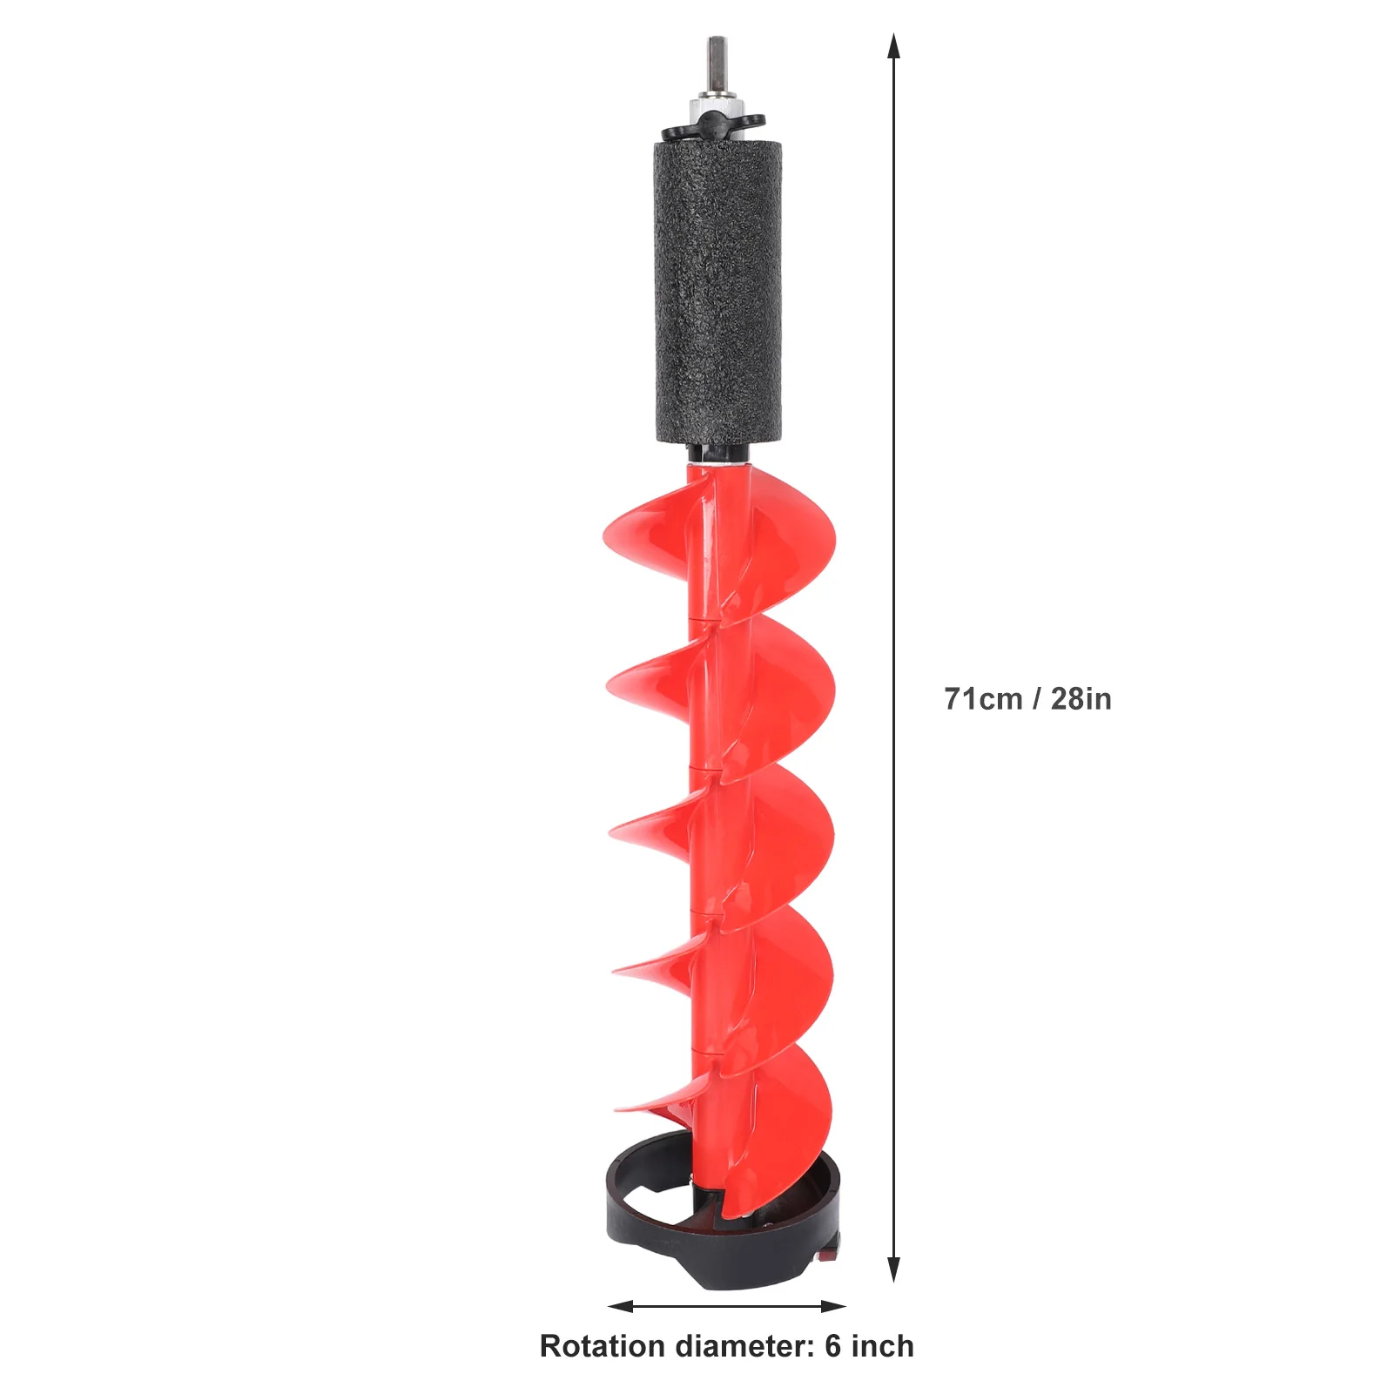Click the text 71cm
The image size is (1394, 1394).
[983, 699]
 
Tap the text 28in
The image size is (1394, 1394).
[1081, 699]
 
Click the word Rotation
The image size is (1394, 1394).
[603, 1346]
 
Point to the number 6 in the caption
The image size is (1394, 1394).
[833, 1346]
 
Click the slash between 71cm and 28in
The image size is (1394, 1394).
[1036, 699]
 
